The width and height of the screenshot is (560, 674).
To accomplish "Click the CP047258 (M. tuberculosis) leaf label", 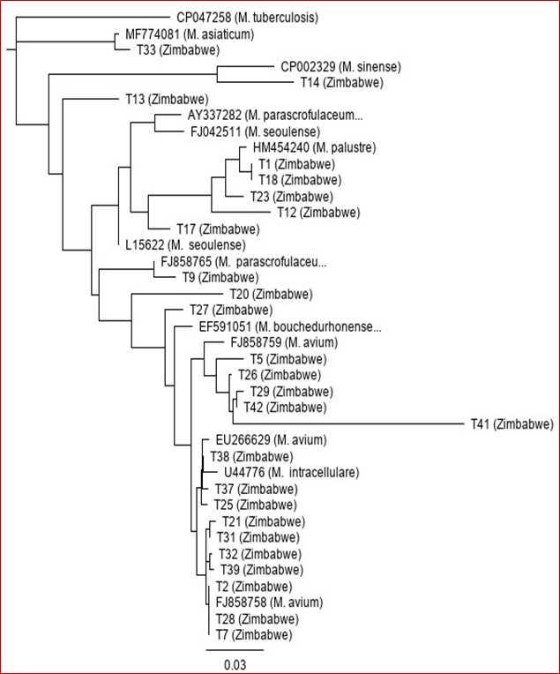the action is coord(248,18).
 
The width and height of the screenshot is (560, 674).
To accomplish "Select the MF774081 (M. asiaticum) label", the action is coord(190,34).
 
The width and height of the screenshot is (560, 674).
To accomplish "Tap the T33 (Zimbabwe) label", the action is coord(178,50).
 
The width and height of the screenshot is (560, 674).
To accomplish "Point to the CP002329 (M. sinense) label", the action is coord(340,67).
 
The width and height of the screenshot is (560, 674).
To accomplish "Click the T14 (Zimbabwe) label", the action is coord(341,83).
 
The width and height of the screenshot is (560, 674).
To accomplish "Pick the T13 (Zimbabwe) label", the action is coord(167,100).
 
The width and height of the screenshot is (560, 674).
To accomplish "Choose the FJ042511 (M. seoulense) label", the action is coord(255,131).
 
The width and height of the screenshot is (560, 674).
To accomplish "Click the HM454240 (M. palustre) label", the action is coord(314,148).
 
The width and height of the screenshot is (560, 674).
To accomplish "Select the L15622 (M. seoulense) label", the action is coord(185,245).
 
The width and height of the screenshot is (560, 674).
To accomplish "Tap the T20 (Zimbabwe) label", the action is coord(272,295).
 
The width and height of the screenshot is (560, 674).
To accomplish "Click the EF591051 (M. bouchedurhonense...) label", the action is coord(290,326).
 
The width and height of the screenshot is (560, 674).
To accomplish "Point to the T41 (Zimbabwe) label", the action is coord(511,424).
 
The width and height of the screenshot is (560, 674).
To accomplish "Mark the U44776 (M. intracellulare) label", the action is coord(291,472).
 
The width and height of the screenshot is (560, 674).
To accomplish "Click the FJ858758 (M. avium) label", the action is coord(269,603).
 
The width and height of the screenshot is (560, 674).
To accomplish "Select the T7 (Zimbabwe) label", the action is coord(254,635).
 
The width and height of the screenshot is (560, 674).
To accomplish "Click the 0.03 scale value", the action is coord(235,664).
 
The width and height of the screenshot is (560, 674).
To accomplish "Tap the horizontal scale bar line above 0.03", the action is coord(235,650).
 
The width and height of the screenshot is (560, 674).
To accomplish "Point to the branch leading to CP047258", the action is coord(93,17).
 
